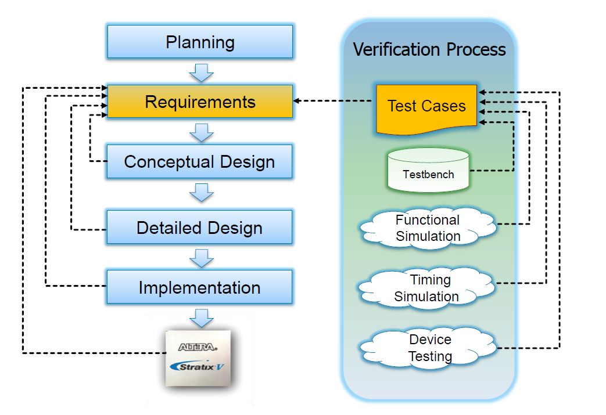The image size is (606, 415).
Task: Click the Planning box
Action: point(200,42)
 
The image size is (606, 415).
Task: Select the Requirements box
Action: point(200,102)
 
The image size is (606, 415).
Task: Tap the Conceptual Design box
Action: point(199,161)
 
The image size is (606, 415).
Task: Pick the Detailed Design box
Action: point(199,227)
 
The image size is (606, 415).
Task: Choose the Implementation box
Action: point(199,287)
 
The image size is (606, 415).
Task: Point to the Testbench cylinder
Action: point(428,170)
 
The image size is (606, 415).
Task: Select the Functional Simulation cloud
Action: point(428,228)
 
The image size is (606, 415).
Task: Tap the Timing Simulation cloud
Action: point(426,288)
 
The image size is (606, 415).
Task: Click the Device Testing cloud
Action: point(428,348)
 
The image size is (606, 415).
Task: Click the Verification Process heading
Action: point(429,49)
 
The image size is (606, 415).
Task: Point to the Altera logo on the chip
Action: point(198,347)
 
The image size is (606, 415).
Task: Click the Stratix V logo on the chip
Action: point(197,366)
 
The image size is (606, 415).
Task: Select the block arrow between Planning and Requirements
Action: point(202,73)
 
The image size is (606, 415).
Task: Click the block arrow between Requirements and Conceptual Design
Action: point(202,132)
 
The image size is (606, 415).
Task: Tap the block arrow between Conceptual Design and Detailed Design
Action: point(202,192)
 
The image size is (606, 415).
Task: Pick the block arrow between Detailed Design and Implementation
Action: point(202,258)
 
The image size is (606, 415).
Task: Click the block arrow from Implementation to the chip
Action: point(202,318)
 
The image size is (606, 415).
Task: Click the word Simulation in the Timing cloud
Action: point(426,297)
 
